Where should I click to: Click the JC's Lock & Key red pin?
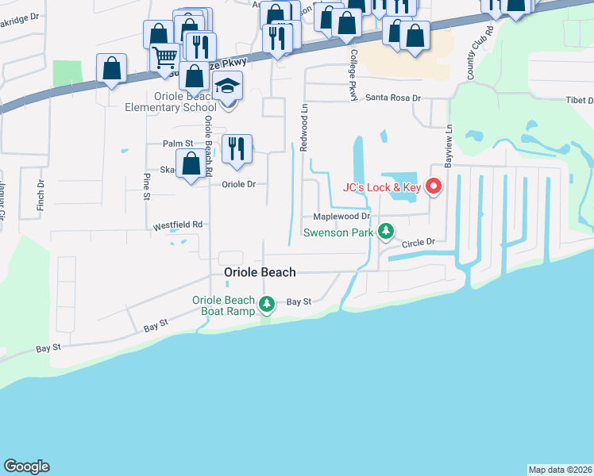tap(434, 187)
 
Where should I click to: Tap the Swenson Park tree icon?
tap(386, 232)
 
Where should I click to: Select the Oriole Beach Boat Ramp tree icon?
tap(268, 303)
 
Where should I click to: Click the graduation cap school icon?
tap(228, 86)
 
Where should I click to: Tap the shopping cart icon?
tap(164, 56)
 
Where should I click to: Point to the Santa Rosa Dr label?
tap(392, 98)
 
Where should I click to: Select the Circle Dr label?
tap(420, 243)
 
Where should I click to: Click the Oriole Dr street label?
tap(238, 184)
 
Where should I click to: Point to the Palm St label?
tap(178, 144)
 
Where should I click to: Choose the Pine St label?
tap(147, 188)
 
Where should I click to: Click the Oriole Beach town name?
tap(260, 272)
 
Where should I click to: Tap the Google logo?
tap(26, 466)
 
